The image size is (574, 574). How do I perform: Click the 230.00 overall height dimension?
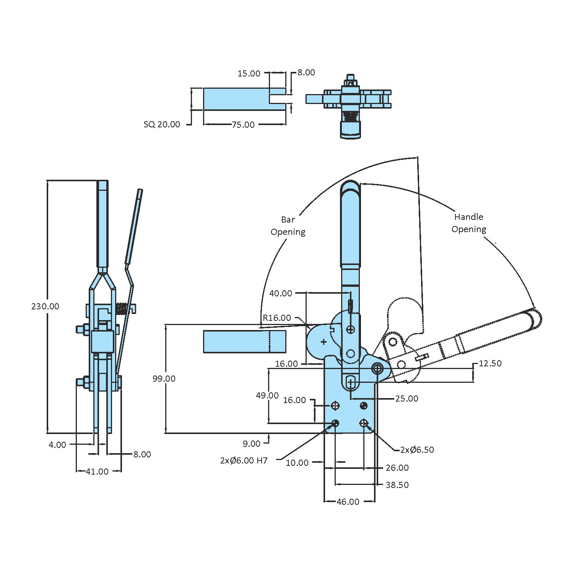pos(45,306)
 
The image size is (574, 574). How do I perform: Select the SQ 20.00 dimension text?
pos(161,125)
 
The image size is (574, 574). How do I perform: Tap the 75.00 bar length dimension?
pos(243,125)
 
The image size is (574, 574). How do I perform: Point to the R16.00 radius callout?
pos(276,318)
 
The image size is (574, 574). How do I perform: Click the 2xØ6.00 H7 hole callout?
pos(244,460)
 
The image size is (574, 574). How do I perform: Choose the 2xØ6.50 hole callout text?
pos(417,450)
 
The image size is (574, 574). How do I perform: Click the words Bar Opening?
pos(288,226)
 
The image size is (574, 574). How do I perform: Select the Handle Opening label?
pos(468,223)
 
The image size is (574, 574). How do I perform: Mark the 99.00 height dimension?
pos(164,379)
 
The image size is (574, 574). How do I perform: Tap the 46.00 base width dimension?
pos(348,502)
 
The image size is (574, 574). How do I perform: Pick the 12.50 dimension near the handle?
pos(490,363)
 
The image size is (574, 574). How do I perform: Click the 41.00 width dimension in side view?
pos(97,472)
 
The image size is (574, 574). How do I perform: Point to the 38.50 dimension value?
pos(397,485)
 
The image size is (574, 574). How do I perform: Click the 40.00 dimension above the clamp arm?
pos(280,293)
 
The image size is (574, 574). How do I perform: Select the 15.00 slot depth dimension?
pos(249,73)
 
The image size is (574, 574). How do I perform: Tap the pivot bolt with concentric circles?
pos(378,369)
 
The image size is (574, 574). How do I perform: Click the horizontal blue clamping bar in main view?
pos(244,341)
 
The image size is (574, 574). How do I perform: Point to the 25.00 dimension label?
pos(407,398)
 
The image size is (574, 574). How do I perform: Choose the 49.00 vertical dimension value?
pos(267,395)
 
